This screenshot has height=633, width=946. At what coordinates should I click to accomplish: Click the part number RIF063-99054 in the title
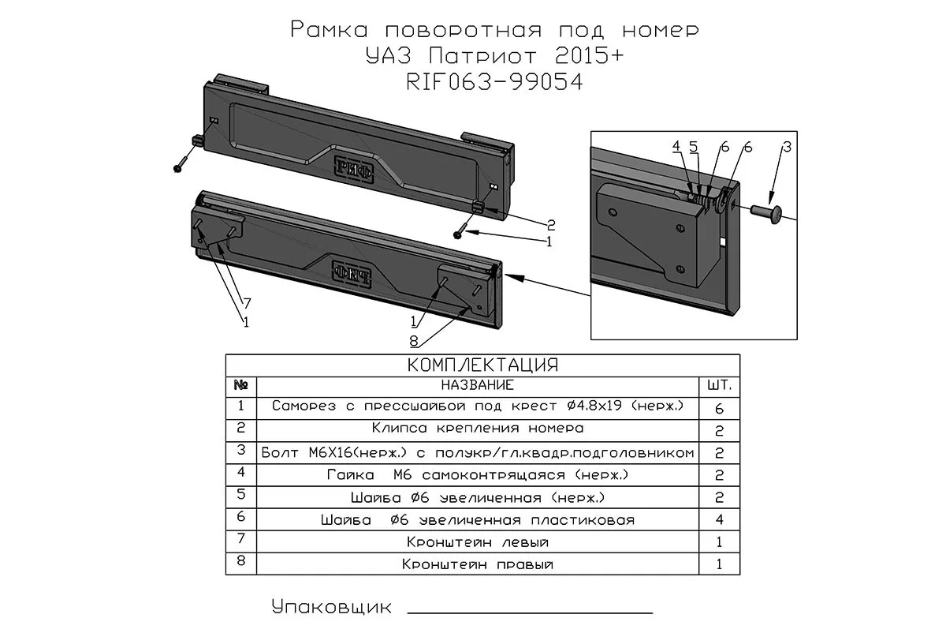tap(493, 81)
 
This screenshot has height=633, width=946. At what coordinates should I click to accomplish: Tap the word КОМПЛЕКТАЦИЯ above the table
tap(482, 365)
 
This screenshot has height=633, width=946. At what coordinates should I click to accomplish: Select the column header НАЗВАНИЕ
tap(478, 385)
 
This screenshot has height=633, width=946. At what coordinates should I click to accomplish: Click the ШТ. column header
tap(720, 386)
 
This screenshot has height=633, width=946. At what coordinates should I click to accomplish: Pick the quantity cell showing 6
tap(720, 408)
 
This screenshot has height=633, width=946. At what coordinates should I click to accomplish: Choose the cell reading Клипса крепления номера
tap(478, 429)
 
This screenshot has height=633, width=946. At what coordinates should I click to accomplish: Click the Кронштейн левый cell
tap(478, 542)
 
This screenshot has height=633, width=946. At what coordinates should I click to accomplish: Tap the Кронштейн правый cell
tap(478, 564)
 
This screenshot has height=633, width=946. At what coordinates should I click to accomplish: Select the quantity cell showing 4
tap(720, 520)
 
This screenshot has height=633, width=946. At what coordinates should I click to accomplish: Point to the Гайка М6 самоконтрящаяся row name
tap(478, 475)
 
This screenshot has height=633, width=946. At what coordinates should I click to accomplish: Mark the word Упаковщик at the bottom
tap(331, 607)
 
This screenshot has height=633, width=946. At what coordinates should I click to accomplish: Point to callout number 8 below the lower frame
tap(413, 341)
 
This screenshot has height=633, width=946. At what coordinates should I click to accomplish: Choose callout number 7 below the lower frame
tap(246, 303)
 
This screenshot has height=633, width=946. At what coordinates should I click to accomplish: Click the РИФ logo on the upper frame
tap(353, 167)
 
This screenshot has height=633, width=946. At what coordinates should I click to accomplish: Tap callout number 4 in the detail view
tap(676, 147)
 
